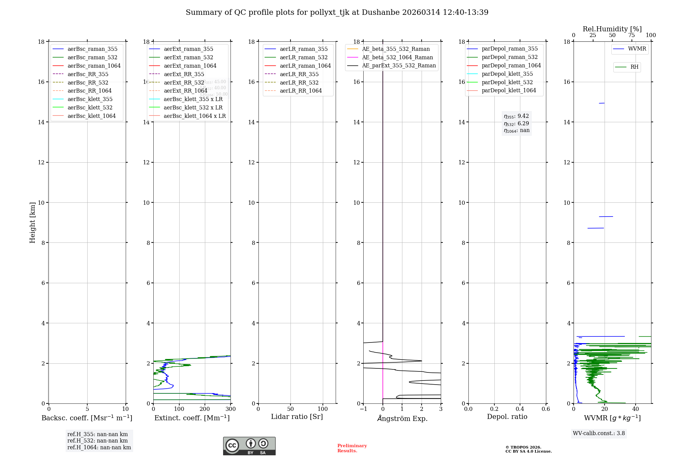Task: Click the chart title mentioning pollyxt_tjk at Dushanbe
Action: (337, 12)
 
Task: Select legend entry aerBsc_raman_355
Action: (92, 49)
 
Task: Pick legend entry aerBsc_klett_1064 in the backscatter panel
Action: (91, 116)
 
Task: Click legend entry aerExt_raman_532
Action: (188, 58)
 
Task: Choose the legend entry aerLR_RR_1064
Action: (301, 91)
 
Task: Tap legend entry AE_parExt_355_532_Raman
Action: (399, 66)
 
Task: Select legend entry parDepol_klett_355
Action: (507, 74)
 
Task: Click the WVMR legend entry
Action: (637, 49)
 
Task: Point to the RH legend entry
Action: (634, 67)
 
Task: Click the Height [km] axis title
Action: (32, 223)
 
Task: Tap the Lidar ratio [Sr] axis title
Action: (297, 417)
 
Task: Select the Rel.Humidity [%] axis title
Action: (612, 29)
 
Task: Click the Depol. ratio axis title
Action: (507, 417)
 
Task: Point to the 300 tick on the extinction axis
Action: (231, 409)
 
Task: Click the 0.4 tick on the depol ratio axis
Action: (520, 409)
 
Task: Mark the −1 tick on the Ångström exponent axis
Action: (363, 409)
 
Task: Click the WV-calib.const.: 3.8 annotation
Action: (599, 433)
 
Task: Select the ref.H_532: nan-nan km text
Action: (97, 441)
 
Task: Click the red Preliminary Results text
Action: (352, 448)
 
